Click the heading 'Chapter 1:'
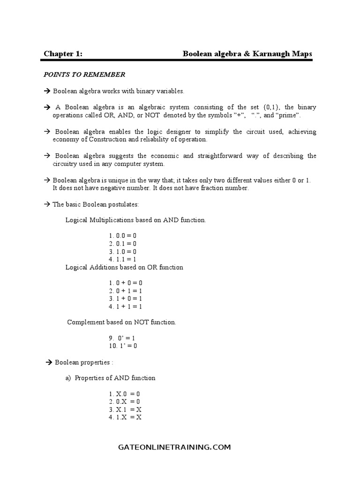click(63, 54)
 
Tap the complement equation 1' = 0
click(124, 346)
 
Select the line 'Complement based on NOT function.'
click(121, 322)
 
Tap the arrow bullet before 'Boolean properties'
click(48, 362)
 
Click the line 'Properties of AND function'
click(115, 378)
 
